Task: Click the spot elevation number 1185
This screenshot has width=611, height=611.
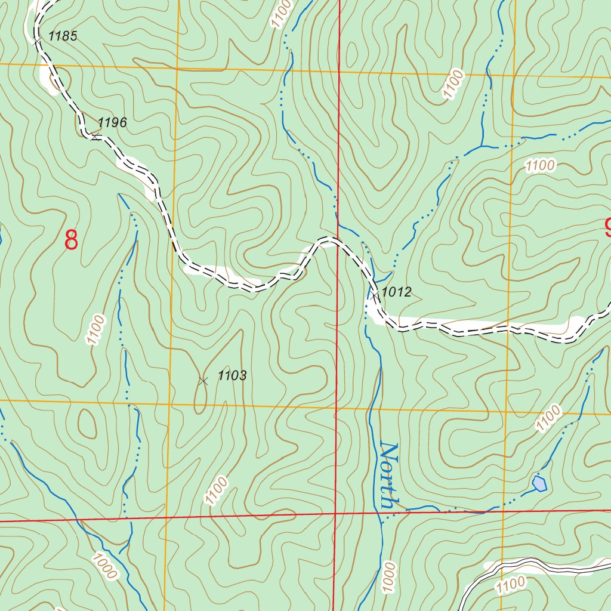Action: pos(63,36)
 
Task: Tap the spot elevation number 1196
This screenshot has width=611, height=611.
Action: pos(112,123)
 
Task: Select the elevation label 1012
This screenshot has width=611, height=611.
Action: pos(397,292)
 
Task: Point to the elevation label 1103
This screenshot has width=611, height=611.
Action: pos(232,376)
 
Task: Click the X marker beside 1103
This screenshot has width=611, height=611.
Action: pos(203,380)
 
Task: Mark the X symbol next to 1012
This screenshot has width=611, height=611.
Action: pos(374,294)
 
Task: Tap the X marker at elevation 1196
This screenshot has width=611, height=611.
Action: pos(95,137)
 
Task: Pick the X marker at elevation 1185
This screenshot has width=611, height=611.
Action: pos(36,39)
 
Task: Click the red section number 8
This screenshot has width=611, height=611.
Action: pos(71,240)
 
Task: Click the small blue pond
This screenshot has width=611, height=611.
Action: pos(539,483)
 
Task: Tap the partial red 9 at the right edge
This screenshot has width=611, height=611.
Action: pos(607,228)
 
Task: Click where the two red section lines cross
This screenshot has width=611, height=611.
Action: pos(335,513)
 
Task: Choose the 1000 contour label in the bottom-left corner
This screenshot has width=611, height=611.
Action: pos(105,566)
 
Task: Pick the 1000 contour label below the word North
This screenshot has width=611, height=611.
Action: pos(389,576)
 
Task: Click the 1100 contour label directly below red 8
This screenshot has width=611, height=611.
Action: pos(95,329)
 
